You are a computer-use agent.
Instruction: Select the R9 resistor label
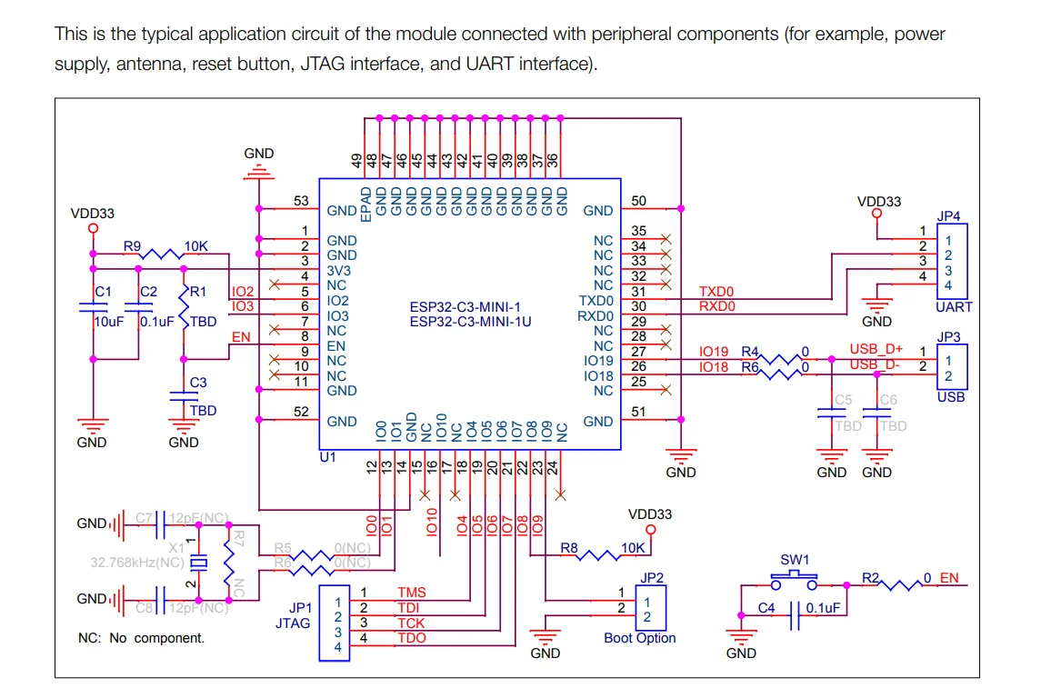133,246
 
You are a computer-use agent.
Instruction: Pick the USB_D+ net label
876,349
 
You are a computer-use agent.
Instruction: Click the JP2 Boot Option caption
639,638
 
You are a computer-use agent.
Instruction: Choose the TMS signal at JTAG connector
411,593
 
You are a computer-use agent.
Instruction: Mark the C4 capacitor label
766,607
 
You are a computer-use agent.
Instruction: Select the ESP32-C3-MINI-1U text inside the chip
470,322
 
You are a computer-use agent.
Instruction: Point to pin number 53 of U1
301,201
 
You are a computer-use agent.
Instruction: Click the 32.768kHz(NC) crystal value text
136,563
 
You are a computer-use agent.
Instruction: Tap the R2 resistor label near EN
870,577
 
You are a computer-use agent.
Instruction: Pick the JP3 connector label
948,337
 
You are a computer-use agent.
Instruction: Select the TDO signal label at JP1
411,638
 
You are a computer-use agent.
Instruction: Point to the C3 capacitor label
197,383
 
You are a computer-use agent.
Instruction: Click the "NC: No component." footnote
141,638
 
